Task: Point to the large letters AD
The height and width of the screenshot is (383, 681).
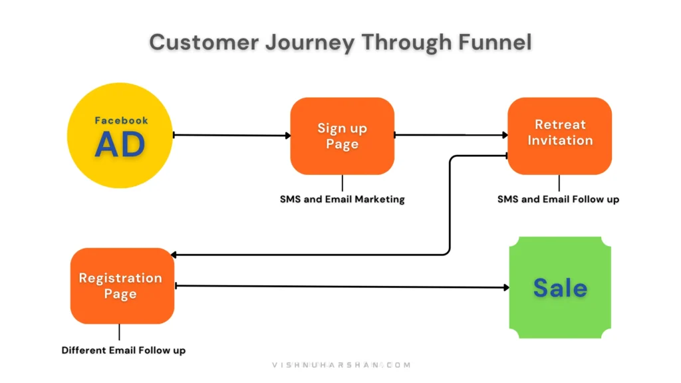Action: coord(120,144)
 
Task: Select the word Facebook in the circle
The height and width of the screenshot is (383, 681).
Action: coord(121,120)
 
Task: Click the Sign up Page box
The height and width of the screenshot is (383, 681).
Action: coord(342,136)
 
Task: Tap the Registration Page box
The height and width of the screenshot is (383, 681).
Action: coord(122,286)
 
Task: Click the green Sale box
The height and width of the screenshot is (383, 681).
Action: coord(559,287)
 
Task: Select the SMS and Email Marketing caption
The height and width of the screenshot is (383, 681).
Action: coord(342,199)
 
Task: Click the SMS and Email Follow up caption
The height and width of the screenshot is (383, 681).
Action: coord(558,199)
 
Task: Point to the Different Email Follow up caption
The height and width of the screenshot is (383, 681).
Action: coord(124,350)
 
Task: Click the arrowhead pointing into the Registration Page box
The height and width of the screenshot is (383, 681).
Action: coord(174,255)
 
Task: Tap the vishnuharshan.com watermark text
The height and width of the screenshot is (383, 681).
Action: coord(341,365)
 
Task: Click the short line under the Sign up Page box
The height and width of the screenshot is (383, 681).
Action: coord(342,183)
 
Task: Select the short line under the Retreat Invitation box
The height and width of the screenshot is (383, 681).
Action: coord(559,183)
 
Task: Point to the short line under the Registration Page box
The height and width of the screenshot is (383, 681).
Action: coord(120,332)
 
